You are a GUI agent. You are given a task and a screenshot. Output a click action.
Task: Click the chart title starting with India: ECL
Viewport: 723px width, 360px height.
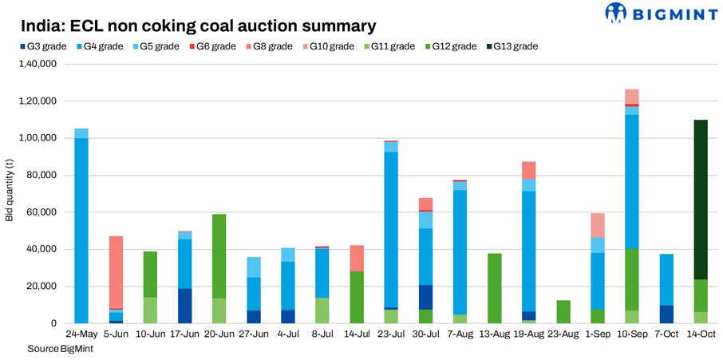tap(198, 26)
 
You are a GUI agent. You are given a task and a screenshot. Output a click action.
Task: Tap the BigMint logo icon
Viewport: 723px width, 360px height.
tap(615, 13)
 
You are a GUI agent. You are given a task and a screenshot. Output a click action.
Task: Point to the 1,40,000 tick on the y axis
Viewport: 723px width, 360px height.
tap(38, 64)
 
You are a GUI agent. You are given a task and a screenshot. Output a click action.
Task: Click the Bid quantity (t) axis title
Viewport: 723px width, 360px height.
tap(10, 193)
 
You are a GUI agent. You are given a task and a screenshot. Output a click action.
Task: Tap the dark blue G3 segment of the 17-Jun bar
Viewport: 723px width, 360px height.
tap(184, 306)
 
